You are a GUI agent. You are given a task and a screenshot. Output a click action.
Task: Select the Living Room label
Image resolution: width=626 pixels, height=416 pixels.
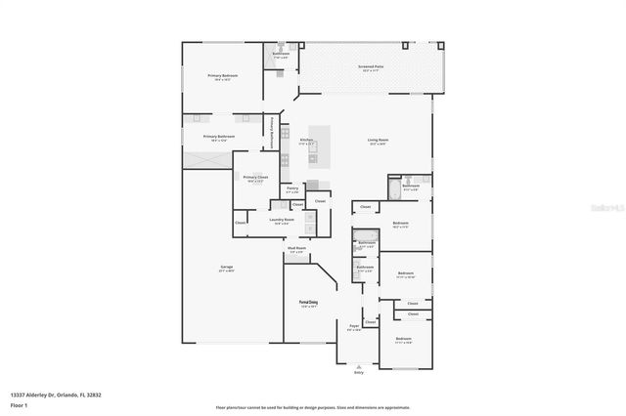(377, 141)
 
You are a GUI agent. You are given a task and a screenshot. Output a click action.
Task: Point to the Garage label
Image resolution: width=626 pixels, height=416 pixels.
(226, 270)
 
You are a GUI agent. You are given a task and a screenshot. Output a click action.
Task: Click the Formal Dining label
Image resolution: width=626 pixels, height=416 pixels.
(309, 304)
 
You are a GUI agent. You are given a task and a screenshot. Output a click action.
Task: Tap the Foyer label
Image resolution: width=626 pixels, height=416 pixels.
(354, 327)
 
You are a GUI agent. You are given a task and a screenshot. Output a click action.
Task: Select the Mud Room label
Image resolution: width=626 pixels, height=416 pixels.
(296, 249)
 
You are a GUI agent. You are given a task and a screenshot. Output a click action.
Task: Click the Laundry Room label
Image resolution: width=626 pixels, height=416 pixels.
(282, 220)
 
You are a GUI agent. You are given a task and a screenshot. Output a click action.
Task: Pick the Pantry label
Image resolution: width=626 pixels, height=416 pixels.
(291, 188)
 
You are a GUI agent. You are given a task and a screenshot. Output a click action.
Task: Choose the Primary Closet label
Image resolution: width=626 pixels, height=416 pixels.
(256, 178)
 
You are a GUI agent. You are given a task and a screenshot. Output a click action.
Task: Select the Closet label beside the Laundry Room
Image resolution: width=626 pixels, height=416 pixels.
(241, 224)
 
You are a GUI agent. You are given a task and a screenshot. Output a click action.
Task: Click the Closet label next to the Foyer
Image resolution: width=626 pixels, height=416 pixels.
(371, 321)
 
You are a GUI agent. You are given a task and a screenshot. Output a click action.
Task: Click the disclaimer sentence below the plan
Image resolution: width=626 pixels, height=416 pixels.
(312, 406)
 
